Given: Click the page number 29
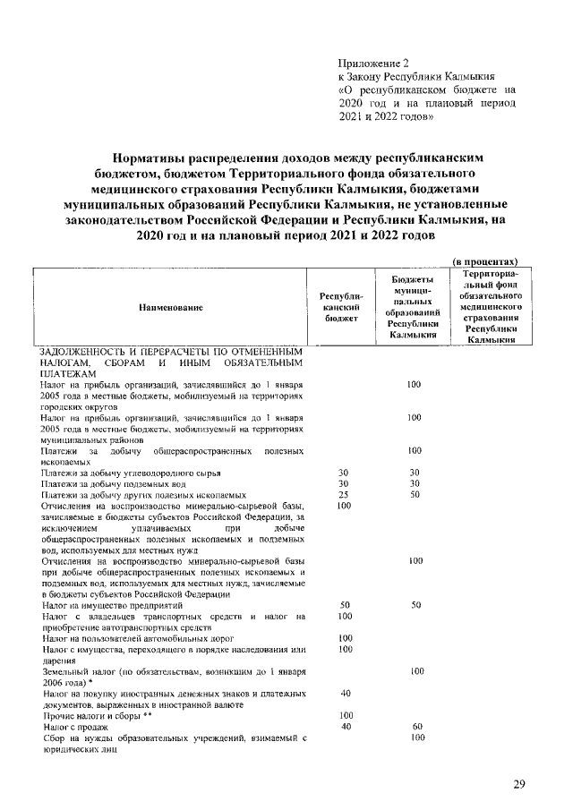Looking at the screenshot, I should pyautogui.click(x=518, y=784).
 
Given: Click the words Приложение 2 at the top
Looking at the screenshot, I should pyautogui.click(x=372, y=64).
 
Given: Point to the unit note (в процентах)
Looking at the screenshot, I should pyautogui.click(x=484, y=260).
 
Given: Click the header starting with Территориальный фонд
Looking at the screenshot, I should pyautogui.click(x=489, y=306).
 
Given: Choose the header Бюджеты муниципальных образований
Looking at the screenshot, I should pyautogui.click(x=414, y=307).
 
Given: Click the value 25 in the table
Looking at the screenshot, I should pyautogui.click(x=343, y=494).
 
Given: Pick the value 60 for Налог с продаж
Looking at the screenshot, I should pyautogui.click(x=415, y=727).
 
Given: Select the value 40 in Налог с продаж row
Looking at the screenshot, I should pyautogui.click(x=345, y=727).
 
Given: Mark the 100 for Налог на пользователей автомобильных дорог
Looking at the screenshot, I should pyautogui.click(x=345, y=638).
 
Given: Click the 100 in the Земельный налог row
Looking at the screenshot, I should pyautogui.click(x=415, y=670).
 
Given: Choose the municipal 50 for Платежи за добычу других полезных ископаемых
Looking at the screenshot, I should pyautogui.click(x=415, y=494).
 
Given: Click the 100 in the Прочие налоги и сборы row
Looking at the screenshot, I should pyautogui.click(x=345, y=716).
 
